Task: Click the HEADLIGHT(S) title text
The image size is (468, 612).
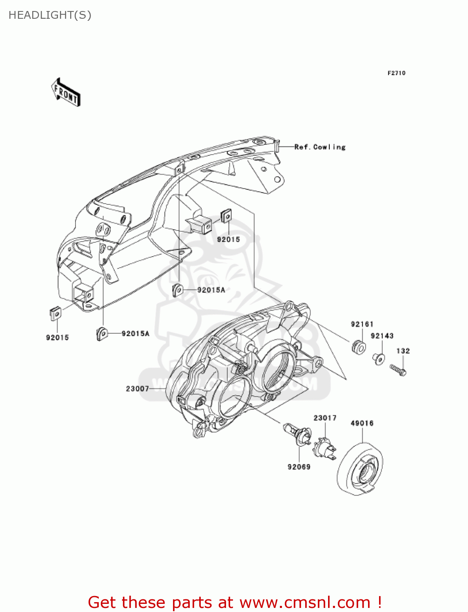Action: (x=50, y=15)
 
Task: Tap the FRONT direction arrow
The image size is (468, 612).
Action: (x=66, y=93)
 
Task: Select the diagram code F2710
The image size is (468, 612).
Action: (x=396, y=73)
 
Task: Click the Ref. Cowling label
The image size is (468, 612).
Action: (x=320, y=147)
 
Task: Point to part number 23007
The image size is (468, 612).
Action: (x=138, y=389)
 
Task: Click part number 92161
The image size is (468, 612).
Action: (x=362, y=324)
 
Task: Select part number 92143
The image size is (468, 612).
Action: (x=382, y=336)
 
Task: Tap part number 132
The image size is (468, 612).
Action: (x=403, y=351)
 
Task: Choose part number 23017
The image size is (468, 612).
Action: (x=325, y=418)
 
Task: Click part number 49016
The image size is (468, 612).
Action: (x=362, y=423)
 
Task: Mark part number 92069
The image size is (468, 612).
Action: (x=299, y=467)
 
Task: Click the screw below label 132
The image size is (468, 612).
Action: (x=398, y=370)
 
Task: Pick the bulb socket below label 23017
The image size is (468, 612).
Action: (x=324, y=448)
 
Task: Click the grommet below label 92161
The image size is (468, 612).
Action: (x=359, y=347)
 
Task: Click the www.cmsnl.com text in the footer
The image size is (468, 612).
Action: (x=304, y=602)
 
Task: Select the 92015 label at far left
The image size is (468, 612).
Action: (x=58, y=337)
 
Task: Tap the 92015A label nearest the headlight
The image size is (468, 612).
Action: (x=211, y=290)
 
